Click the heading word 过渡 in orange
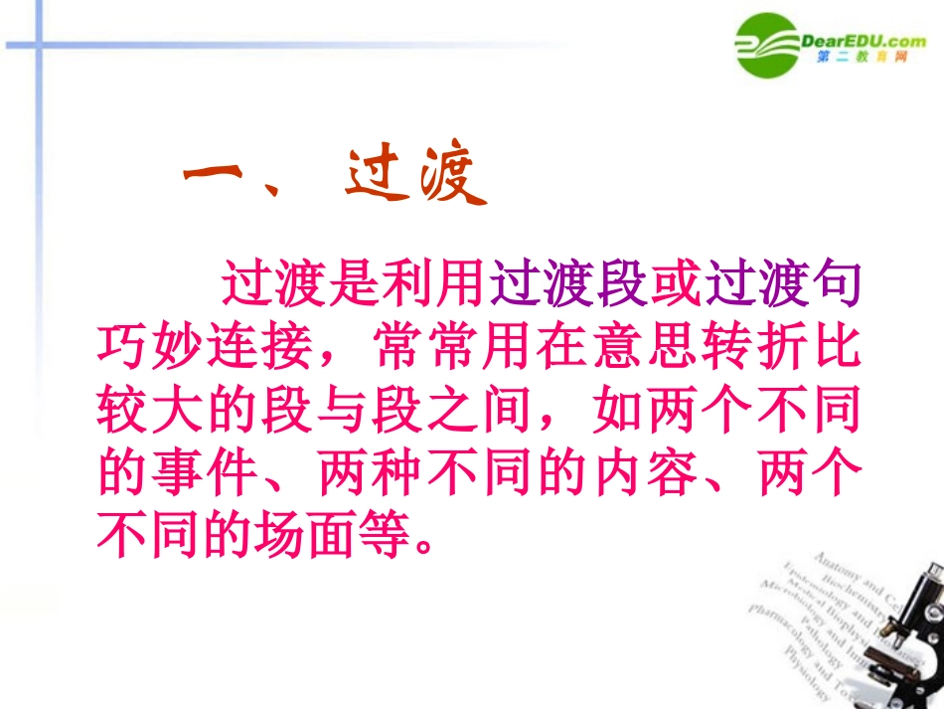click(x=416, y=180)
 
